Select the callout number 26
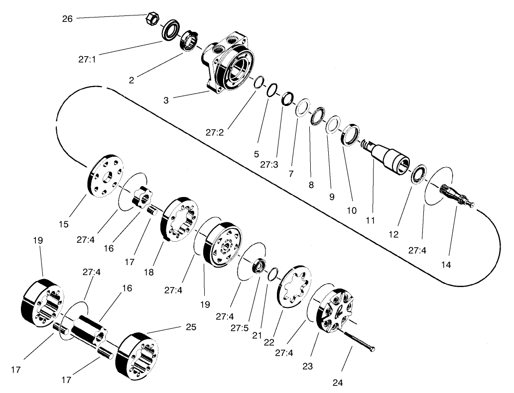point(67,19)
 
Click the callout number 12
point(394,234)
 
